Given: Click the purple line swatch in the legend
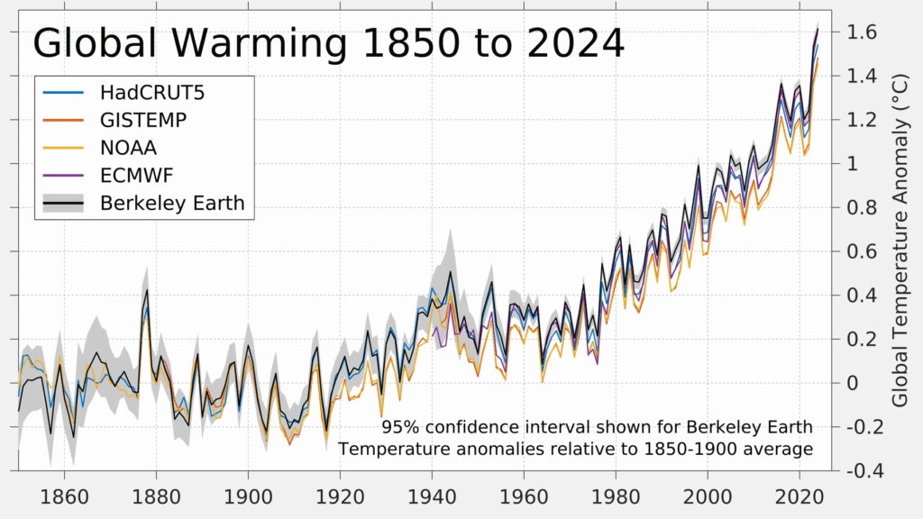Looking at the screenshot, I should tap(63, 176).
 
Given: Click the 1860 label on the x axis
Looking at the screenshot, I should tap(64, 496).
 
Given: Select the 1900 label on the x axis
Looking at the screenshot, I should tap(248, 496).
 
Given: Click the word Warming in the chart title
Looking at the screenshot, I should tap(257, 43).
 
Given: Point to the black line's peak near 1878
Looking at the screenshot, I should tap(147, 290).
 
